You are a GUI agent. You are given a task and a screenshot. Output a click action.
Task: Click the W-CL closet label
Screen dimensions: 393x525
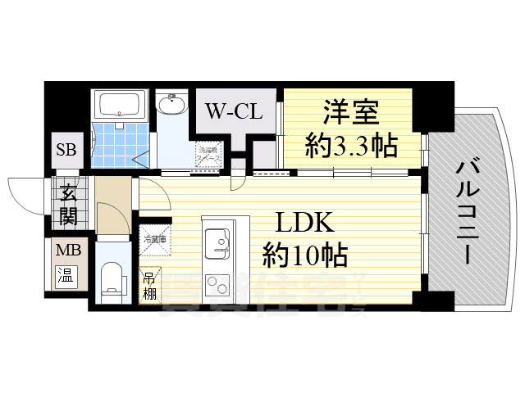(233, 111)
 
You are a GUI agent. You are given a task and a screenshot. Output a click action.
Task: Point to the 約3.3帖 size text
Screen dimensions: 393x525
(352, 147)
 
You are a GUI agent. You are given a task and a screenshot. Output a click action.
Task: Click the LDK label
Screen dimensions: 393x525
(303, 223)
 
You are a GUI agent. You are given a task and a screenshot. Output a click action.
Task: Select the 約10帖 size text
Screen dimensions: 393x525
(304, 255)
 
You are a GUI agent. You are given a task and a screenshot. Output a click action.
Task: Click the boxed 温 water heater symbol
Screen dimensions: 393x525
(64, 276)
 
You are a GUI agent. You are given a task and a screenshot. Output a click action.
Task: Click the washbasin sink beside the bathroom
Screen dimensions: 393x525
(172, 106)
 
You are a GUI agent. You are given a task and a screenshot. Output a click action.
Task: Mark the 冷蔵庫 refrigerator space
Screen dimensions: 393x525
(154, 241)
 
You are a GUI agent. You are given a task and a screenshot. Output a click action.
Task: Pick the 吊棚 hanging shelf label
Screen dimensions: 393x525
(149, 284)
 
